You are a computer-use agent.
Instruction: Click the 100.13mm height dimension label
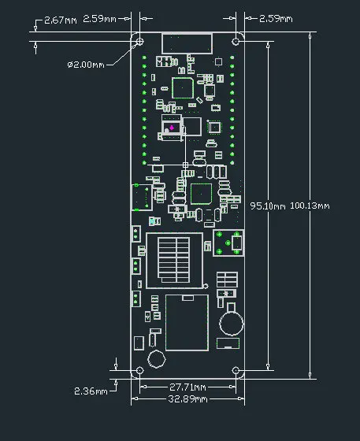coord(310,206)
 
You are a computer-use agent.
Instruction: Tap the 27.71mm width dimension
coord(188,387)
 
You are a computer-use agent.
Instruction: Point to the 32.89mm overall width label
coord(188,400)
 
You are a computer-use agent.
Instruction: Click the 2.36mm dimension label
coord(90,391)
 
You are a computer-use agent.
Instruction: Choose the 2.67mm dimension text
coord(61,19)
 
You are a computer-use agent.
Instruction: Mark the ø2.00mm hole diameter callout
coord(87,64)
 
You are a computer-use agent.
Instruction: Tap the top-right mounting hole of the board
coord(236,41)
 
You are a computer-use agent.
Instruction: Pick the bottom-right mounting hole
coord(236,370)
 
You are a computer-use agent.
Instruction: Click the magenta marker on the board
coord(173,128)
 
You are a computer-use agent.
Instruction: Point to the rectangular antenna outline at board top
coord(187,43)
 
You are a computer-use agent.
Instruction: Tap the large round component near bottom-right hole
coord(230,321)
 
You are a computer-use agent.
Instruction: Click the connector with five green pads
coord(227,244)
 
